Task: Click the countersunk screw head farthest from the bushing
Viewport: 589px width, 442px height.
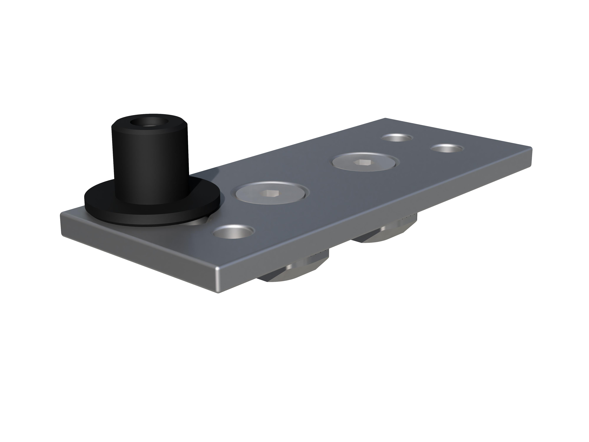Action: tap(365, 162)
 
